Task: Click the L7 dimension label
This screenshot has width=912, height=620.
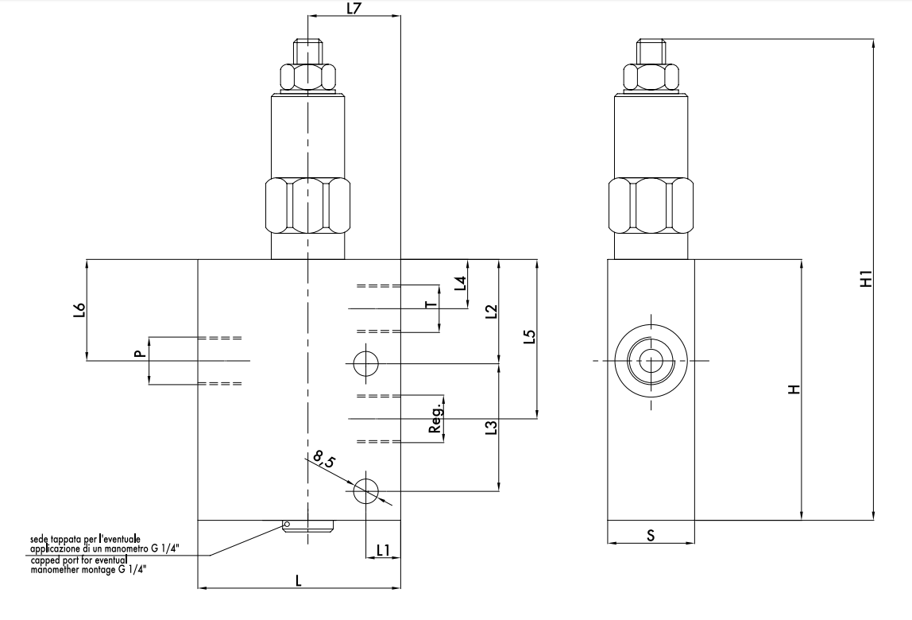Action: (x=354, y=9)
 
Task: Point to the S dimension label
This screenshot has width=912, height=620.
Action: (x=651, y=536)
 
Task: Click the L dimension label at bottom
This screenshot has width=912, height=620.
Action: (x=298, y=580)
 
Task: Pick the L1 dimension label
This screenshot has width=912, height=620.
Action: (x=383, y=549)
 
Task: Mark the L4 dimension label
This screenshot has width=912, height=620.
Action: (x=459, y=284)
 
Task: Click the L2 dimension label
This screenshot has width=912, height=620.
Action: (x=491, y=311)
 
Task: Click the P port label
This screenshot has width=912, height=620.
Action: (x=140, y=354)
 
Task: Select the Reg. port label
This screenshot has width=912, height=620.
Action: (x=435, y=417)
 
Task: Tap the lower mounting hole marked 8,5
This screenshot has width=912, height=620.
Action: (x=365, y=491)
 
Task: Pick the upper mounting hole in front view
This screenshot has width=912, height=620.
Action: (x=365, y=363)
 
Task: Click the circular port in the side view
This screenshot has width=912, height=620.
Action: (x=651, y=361)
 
